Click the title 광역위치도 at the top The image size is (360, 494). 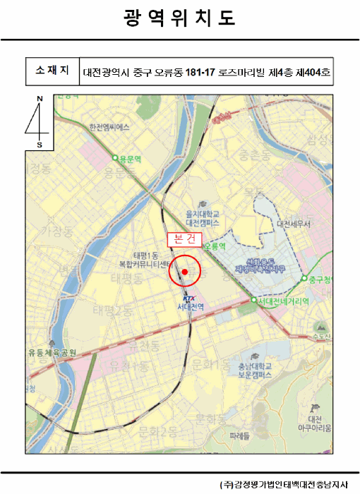pos(179,17)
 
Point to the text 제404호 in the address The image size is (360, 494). pos(313,71)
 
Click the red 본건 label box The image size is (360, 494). pos(184,239)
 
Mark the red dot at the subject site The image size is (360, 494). pos(185,271)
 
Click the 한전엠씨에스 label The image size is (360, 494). pos(110,128)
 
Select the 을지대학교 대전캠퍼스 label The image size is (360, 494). pos(203,217)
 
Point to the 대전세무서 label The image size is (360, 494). pos(294,224)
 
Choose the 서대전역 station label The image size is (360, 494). pos(190,307)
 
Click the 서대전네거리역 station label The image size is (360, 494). pos(284,301)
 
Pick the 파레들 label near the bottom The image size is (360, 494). pos(241,435)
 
